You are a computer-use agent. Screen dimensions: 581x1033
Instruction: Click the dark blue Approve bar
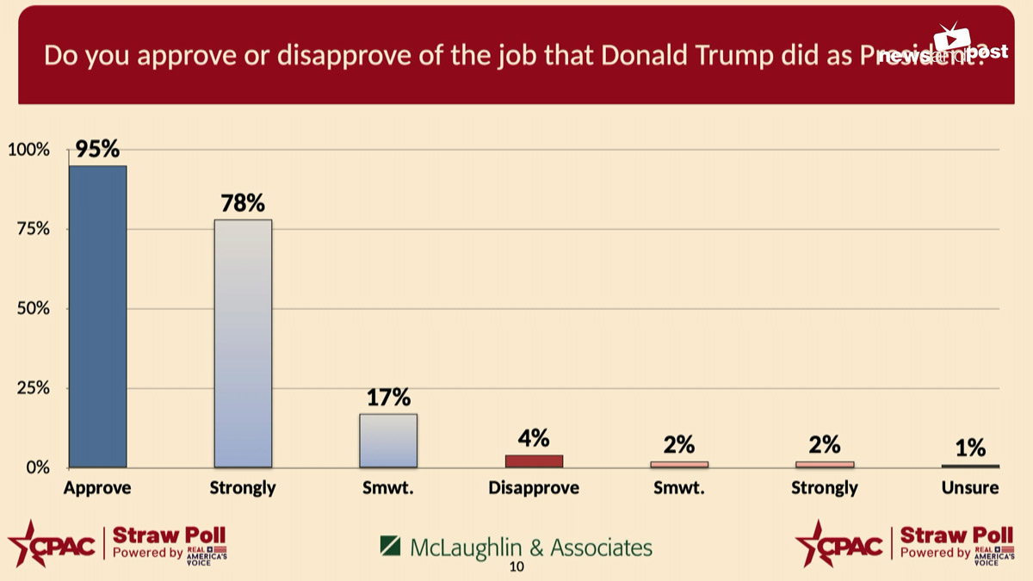point(97,316)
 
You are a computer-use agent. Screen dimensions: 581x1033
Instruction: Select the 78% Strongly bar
point(243,343)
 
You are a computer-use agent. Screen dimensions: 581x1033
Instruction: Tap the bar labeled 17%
point(388,440)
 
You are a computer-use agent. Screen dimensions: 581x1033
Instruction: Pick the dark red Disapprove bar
point(534,461)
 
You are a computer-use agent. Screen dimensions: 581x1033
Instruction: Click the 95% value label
point(97,149)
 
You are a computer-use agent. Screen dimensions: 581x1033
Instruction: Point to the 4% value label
point(534,438)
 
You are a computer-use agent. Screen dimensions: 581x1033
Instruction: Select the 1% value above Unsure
point(970,448)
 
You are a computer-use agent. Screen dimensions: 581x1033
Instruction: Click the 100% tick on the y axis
point(28,151)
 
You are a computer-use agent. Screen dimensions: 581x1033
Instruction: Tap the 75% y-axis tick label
point(32,230)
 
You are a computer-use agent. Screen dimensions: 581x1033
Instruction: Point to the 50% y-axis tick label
point(32,309)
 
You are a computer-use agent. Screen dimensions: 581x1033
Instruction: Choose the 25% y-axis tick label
point(32,389)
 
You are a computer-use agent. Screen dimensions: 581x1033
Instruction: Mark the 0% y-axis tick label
point(35,468)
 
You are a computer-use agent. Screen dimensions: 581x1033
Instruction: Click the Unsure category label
point(970,488)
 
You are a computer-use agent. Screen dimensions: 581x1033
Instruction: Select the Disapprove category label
point(534,488)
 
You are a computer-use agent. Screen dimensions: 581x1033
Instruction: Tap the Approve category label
point(97,488)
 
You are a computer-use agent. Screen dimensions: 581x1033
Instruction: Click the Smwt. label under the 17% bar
point(388,488)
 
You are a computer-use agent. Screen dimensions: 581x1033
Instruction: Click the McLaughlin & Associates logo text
point(530,547)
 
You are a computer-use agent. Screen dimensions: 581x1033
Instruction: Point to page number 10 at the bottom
point(516,566)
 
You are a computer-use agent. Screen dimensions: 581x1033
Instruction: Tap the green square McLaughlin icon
point(390,547)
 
